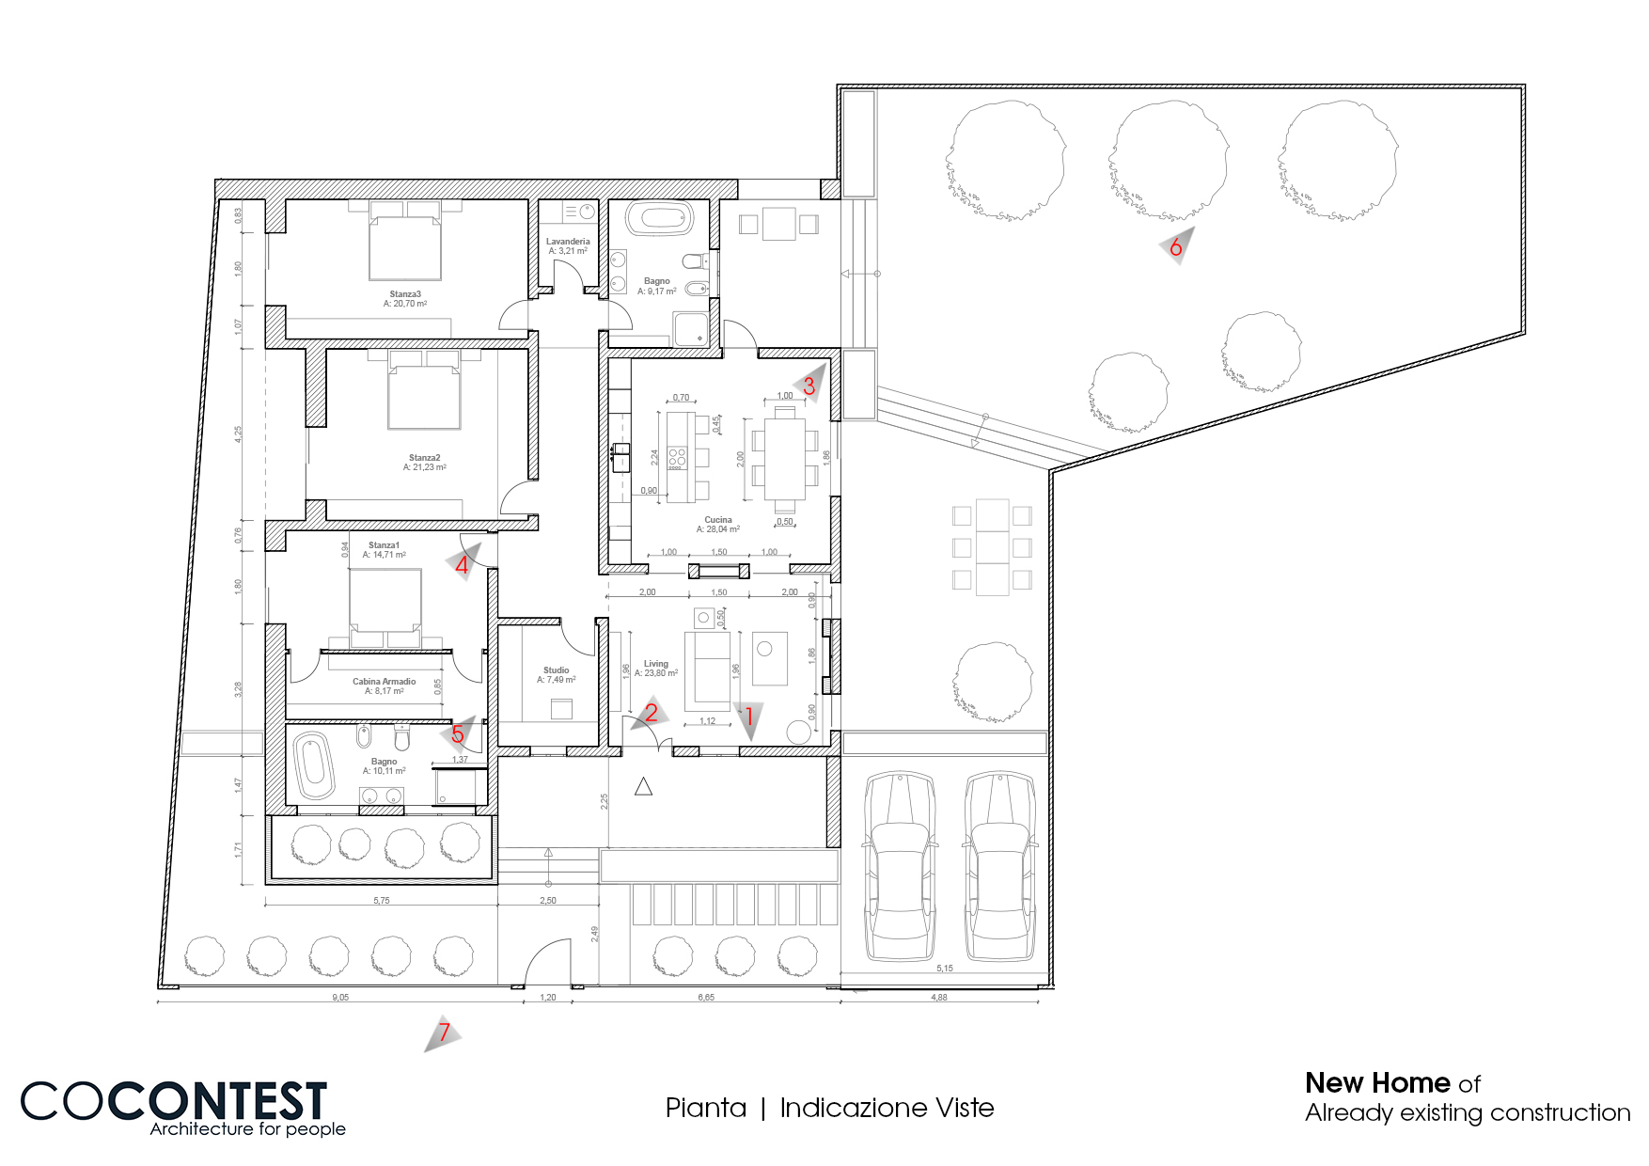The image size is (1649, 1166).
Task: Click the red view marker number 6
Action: (1175, 247)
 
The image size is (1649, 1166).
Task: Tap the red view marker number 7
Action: (444, 1032)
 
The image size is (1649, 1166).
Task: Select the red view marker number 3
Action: (809, 386)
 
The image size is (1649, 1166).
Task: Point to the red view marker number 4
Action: (462, 565)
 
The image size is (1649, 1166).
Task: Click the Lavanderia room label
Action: (568, 242)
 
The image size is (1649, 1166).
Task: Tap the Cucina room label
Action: (717, 520)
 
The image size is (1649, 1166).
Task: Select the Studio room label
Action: (556, 670)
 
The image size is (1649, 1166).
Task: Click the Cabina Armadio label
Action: (384, 682)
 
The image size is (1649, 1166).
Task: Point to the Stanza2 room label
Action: (424, 458)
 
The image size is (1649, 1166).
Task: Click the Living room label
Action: (655, 664)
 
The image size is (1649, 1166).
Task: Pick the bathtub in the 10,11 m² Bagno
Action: (313, 764)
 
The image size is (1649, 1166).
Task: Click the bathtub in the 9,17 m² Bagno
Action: (660, 219)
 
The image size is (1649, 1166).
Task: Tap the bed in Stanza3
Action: (405, 246)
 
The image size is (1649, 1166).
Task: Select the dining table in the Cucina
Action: (784, 458)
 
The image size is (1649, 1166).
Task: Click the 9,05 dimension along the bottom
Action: (340, 998)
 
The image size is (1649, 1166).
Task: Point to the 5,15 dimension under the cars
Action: (944, 969)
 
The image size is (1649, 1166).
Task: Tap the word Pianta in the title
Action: (705, 1108)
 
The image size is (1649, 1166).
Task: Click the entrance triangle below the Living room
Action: (643, 787)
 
